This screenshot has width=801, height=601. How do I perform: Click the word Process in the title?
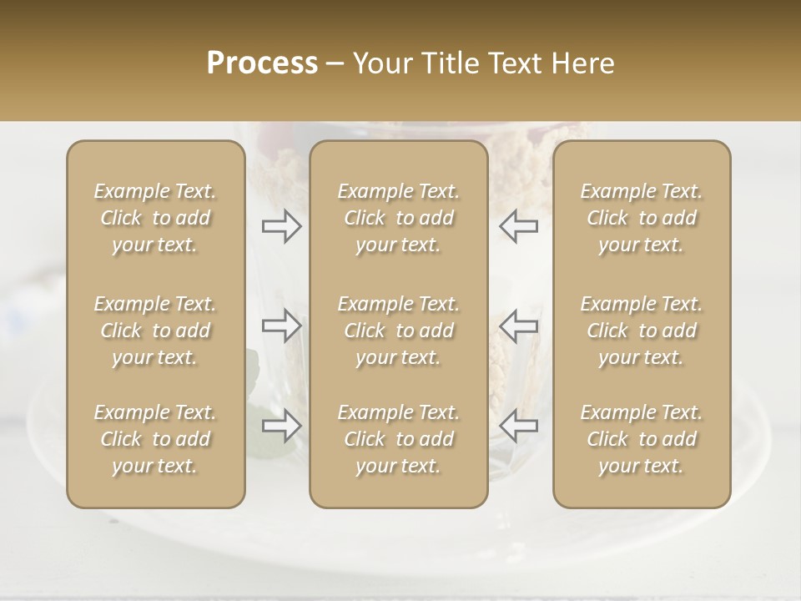click(262, 63)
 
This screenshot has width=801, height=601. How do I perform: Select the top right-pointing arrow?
click(282, 226)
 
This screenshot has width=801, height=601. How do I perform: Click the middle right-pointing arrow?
click(282, 326)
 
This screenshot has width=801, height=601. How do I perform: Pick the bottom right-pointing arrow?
click(282, 426)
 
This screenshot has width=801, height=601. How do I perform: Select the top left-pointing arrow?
click(518, 226)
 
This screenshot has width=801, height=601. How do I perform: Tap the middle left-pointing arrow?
click(518, 326)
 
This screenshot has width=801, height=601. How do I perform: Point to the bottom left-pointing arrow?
click(518, 426)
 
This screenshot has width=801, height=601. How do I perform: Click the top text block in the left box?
click(155, 218)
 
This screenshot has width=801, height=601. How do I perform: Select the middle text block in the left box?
click(155, 331)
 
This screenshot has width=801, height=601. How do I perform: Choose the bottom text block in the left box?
click(155, 439)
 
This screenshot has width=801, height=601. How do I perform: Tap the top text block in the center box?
click(398, 218)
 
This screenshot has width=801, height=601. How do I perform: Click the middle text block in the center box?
click(398, 331)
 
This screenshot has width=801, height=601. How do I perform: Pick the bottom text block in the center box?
click(398, 439)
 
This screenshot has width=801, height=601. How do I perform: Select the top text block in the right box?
click(641, 218)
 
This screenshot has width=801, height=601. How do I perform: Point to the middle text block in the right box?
click(641, 331)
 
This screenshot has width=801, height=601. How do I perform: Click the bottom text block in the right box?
click(641, 439)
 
